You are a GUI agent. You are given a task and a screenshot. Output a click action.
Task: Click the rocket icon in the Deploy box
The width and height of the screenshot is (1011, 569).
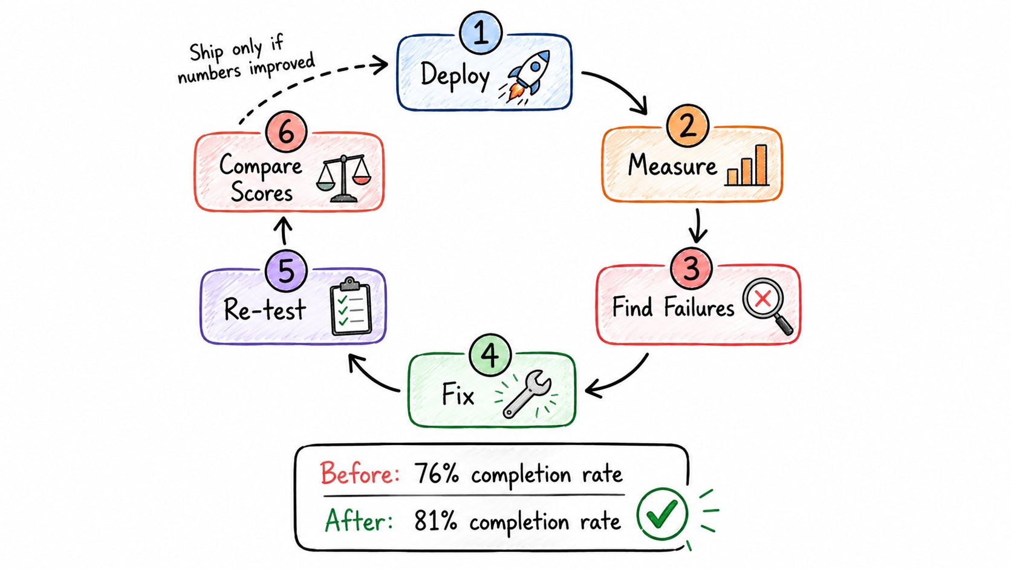525,77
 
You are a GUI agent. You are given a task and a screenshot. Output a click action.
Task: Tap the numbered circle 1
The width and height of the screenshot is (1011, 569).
481,33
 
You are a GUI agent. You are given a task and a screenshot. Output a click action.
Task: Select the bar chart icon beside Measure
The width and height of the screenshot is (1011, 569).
747,165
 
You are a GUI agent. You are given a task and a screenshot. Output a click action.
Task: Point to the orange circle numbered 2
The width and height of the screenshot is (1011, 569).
688,125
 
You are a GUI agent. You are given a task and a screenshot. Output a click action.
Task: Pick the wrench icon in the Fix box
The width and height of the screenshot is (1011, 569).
526,394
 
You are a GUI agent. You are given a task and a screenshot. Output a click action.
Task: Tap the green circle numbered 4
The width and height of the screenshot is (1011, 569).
490,355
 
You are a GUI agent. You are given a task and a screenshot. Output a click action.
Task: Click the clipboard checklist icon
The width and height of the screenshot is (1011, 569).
351,307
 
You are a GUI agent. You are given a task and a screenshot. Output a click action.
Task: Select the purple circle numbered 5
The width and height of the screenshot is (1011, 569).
286,271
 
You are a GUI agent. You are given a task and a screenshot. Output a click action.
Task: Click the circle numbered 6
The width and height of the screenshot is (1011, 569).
286,132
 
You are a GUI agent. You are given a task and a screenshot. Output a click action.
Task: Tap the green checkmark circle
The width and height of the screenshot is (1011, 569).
662,514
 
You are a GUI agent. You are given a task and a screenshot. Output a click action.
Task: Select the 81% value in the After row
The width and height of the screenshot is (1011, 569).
435,521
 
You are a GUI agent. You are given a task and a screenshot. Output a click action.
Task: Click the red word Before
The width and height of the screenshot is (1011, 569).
360,473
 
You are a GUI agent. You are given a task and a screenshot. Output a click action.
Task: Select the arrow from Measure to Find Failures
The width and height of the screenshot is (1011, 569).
698,226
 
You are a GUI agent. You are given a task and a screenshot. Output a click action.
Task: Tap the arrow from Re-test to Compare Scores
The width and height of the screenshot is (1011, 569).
284,230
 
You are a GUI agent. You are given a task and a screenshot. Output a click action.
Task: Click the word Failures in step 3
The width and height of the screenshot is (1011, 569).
698,308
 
